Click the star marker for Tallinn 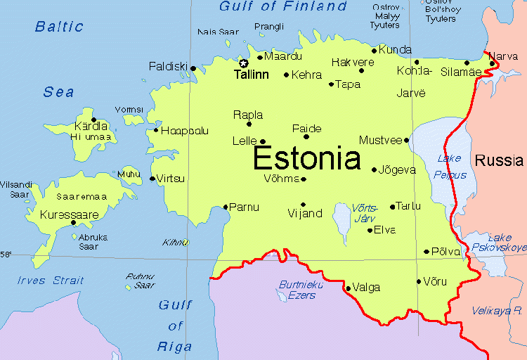(244, 63)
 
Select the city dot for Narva (493, 64)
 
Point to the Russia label (498, 161)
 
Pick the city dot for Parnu (226, 207)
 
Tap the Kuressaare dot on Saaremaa (74, 223)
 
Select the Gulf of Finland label (283, 7)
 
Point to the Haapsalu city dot (156, 129)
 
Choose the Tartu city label (408, 206)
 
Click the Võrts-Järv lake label (365, 213)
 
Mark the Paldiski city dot (193, 68)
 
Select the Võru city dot (418, 281)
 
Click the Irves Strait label (51, 281)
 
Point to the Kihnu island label (174, 243)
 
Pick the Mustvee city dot (406, 140)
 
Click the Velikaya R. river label (497, 310)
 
